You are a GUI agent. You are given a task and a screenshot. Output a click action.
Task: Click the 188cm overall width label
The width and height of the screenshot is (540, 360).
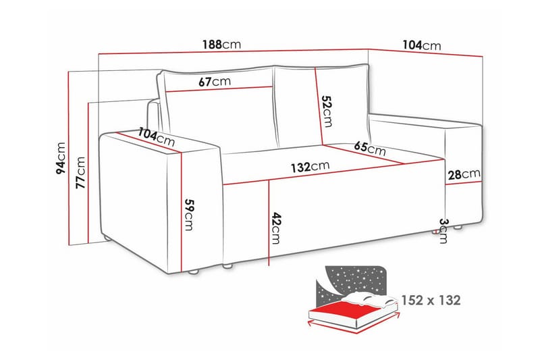tap(221, 45)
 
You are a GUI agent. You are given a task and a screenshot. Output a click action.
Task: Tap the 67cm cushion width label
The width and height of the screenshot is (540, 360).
tap(215, 82)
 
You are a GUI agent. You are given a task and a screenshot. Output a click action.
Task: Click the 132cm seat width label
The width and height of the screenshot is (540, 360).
tap(310, 166)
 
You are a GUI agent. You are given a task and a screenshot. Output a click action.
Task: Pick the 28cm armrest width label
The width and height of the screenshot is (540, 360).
tap(464, 175)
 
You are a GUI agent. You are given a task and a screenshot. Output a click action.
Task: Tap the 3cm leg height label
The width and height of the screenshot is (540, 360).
tap(443, 231)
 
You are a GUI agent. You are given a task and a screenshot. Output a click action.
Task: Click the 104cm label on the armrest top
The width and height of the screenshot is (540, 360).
tap(156, 137)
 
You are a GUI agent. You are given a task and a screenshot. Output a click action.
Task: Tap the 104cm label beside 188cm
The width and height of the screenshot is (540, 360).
tap(421, 45)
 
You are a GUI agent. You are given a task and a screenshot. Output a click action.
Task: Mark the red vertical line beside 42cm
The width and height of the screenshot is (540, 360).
tap(269, 223)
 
